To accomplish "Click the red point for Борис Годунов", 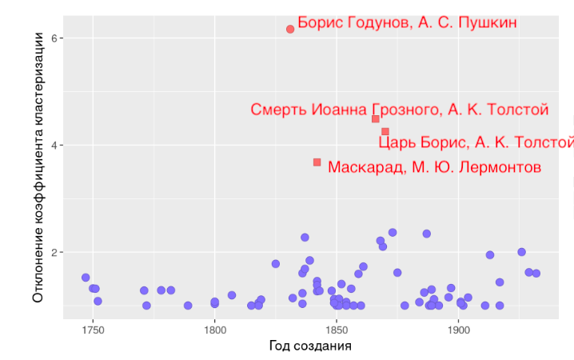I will (x=290, y=29).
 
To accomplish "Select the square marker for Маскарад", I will (x=317, y=162).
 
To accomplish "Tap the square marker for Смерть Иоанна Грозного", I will (x=375, y=119).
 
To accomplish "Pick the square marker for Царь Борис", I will (x=385, y=131).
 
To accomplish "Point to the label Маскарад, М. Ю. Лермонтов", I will (x=434, y=167).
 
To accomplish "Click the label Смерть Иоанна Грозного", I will (x=399, y=110).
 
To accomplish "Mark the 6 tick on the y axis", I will (x=51, y=38).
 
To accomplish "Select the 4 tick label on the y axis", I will (x=51, y=145).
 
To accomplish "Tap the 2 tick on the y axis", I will (x=51, y=252).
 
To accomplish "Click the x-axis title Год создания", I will (x=310, y=346).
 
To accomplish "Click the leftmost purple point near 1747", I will (x=86, y=278).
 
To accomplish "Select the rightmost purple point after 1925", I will (x=536, y=274).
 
